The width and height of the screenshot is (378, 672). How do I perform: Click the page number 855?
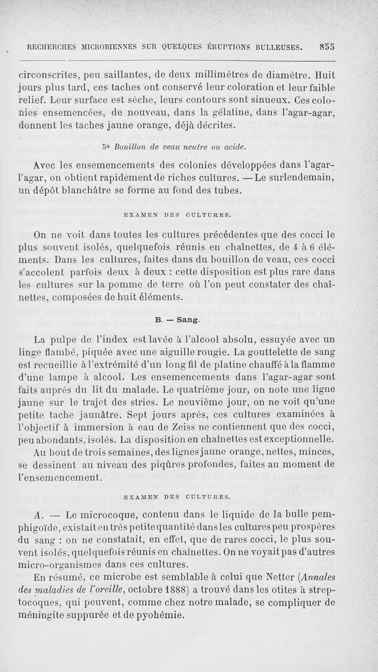pyautogui.click(x=327, y=46)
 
